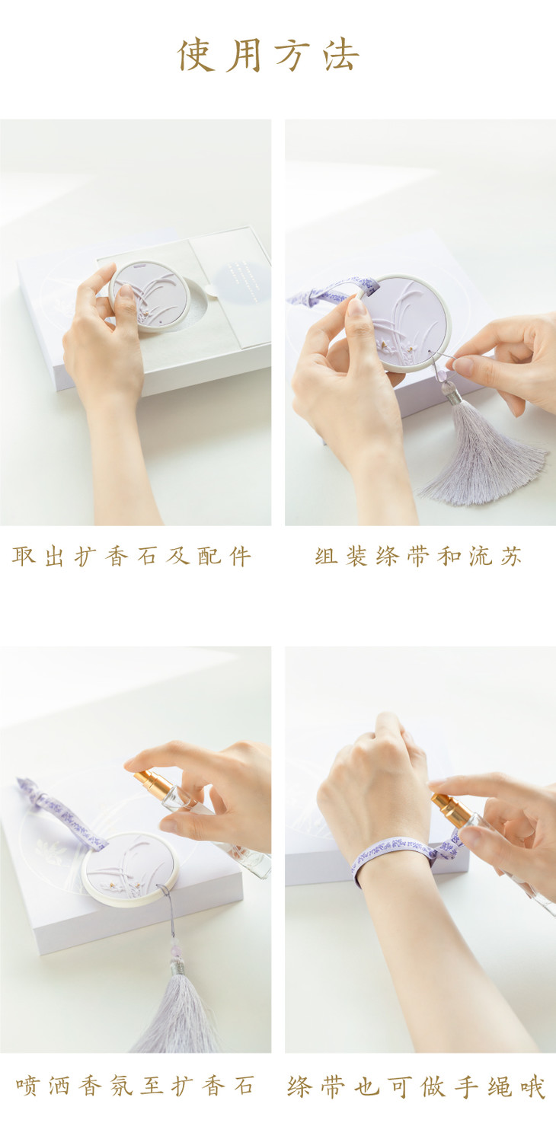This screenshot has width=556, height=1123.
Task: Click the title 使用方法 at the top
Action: click(x=269, y=55)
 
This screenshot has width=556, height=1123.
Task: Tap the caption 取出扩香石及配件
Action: click(x=131, y=557)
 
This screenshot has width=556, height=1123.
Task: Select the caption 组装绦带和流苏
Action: click(x=419, y=557)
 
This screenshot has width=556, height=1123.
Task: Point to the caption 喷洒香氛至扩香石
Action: click(x=135, y=1086)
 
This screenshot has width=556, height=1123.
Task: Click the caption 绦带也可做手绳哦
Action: click(x=416, y=1086)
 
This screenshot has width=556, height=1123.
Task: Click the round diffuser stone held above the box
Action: click(x=149, y=295)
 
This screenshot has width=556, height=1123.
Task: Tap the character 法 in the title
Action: click(x=342, y=55)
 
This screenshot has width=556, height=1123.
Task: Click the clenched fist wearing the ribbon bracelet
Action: click(x=373, y=782)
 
